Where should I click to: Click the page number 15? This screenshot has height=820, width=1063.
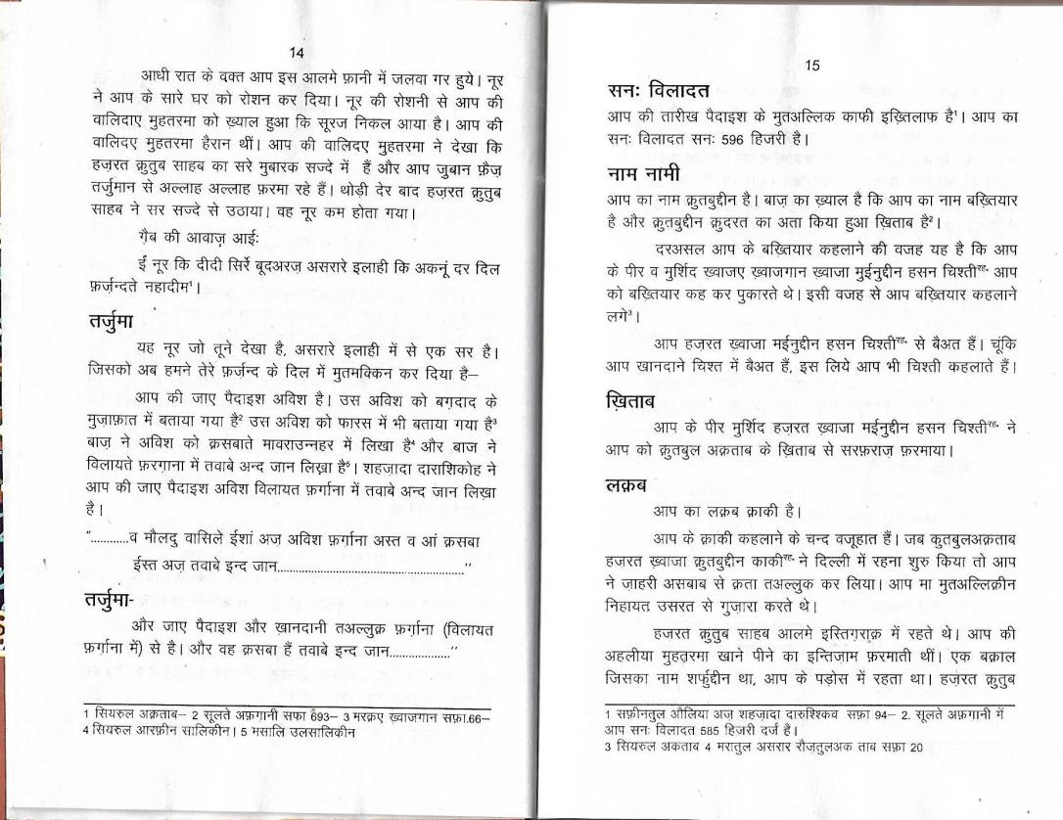[811, 66]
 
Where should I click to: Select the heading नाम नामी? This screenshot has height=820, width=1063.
[643, 174]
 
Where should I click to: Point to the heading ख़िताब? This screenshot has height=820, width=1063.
[633, 401]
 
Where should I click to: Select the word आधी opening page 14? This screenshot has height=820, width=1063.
[157, 75]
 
